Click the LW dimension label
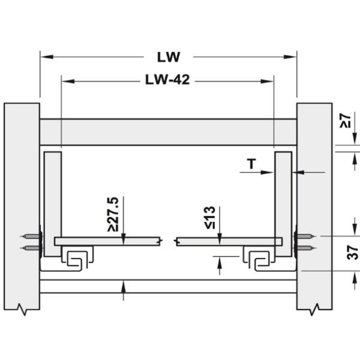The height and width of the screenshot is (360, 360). [x=169, y=57]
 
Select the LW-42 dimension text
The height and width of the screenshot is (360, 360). [x=167, y=80]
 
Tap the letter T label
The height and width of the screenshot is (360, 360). [x=251, y=164]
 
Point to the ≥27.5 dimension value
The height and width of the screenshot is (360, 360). [x=113, y=214]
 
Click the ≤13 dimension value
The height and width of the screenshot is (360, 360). [x=210, y=218]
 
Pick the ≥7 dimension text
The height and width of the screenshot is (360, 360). [x=346, y=121]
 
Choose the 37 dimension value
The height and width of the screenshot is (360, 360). [x=353, y=253]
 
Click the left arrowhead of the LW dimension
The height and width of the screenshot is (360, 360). [x=47, y=57]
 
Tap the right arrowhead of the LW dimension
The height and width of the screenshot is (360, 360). [x=290, y=57]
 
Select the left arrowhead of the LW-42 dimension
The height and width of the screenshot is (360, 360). [x=68, y=81]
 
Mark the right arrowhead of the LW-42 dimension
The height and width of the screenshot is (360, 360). [x=267, y=81]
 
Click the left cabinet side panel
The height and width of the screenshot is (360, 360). [x=22, y=206]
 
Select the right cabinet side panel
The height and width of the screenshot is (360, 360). [x=314, y=206]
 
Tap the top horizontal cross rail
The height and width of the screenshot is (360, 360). [x=168, y=132]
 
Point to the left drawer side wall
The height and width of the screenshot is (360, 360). [x=53, y=204]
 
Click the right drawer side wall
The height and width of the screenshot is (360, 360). [x=284, y=204]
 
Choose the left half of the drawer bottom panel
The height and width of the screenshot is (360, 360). [x=107, y=241]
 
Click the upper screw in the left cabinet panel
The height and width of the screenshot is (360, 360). [x=31, y=236]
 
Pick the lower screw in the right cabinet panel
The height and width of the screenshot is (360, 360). [x=306, y=248]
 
